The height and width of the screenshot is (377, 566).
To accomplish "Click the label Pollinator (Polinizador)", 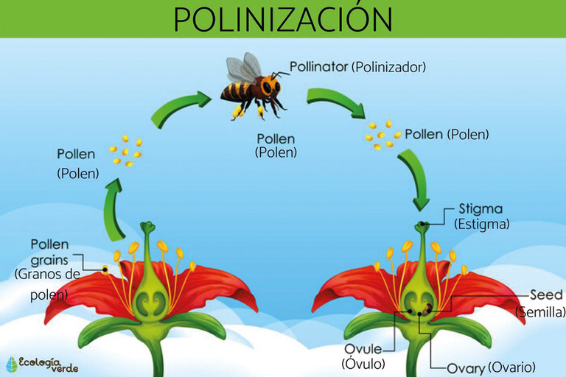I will pos(358,66).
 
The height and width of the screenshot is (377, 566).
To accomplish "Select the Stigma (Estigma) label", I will pos(482,216).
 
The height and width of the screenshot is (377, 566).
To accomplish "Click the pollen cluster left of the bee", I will pos(126,151).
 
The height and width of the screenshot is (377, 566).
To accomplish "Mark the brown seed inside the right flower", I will pos(428,303).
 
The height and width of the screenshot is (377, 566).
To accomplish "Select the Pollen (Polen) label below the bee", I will pos(276,145).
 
